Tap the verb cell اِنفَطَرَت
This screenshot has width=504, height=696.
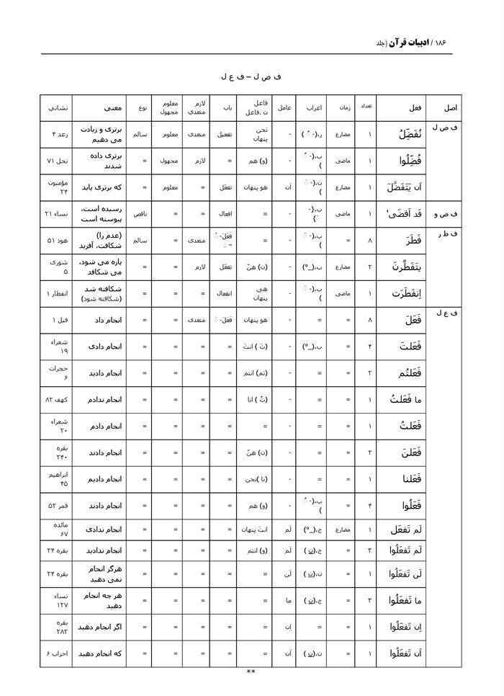tap(400, 293)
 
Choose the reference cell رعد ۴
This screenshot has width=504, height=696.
tap(56, 134)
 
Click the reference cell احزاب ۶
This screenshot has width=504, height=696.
tap(56, 653)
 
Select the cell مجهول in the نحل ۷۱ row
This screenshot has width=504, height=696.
tap(168, 161)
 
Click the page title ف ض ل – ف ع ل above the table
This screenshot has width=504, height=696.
tap(251, 76)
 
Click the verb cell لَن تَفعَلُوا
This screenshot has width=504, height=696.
tap(400, 574)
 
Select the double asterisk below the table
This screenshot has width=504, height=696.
tap(251, 672)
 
